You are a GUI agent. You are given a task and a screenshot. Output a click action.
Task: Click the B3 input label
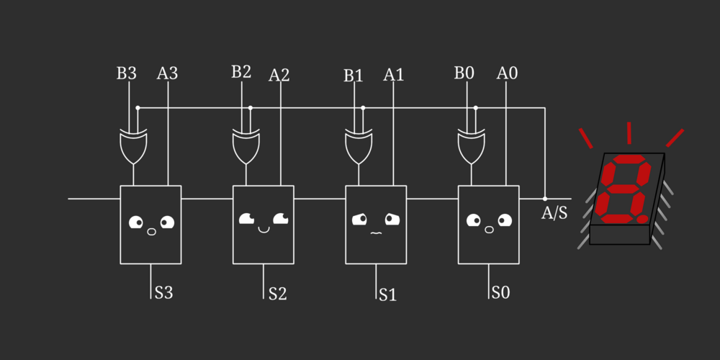[126, 73]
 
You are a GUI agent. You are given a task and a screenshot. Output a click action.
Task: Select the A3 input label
[167, 73]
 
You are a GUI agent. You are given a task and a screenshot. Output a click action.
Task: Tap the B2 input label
[241, 72]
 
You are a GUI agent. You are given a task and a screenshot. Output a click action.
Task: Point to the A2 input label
[279, 75]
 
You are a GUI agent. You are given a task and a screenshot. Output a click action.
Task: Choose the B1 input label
[353, 76]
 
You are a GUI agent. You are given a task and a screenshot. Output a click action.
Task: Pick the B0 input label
[464, 73]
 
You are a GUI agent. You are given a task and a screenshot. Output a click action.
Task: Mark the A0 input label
[507, 73]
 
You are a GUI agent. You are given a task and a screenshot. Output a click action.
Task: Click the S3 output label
[163, 293]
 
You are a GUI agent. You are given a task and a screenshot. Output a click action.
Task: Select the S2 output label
[277, 294]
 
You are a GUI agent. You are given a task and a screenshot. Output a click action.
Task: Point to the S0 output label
[500, 293]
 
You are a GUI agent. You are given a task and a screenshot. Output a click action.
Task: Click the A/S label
[554, 213]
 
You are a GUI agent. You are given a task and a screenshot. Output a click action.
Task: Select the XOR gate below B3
[134, 146]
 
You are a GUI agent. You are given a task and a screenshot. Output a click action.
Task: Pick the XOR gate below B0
[472, 146]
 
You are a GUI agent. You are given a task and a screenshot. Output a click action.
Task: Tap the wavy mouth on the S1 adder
[375, 233]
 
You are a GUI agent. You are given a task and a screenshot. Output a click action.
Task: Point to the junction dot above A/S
[545, 198]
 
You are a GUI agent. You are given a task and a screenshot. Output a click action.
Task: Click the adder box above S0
[489, 225]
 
